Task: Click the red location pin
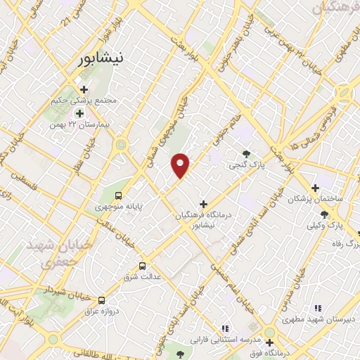point(181,165)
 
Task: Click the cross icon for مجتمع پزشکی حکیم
point(84,89)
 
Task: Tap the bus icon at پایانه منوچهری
point(118,195)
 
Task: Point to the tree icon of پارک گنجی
point(245,154)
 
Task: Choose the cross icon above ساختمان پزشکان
point(316,188)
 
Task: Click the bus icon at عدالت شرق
point(143,266)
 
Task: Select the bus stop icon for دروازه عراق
point(102,299)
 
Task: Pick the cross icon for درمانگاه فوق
point(269,342)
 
